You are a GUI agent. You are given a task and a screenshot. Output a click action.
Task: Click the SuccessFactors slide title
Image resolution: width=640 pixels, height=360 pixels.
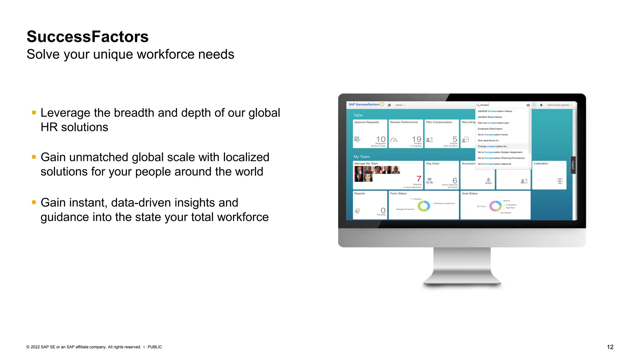[x=87, y=37]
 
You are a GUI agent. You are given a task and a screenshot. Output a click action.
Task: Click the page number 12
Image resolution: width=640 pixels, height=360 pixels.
[x=610, y=347]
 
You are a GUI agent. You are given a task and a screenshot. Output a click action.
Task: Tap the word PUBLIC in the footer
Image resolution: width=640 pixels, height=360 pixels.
[x=155, y=347]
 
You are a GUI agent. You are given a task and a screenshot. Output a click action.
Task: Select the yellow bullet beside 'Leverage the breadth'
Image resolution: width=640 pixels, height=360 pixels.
[x=34, y=112]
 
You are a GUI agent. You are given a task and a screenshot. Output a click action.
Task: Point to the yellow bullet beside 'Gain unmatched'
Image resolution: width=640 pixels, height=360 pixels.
[x=34, y=157]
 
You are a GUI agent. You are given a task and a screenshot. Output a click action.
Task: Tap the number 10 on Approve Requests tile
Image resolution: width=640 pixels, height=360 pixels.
[x=381, y=139]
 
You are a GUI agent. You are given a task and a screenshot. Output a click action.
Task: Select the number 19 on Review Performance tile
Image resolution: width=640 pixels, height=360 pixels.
[x=417, y=139]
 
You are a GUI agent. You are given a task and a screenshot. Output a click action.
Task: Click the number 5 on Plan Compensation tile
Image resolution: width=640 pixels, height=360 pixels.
[x=455, y=139]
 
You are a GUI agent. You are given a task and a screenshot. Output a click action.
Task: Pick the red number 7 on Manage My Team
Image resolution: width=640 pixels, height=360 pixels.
[x=419, y=178]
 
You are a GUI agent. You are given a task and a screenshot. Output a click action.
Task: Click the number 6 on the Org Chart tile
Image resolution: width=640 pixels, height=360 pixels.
[x=455, y=180]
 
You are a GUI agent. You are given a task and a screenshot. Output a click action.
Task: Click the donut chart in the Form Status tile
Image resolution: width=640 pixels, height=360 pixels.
[x=424, y=206]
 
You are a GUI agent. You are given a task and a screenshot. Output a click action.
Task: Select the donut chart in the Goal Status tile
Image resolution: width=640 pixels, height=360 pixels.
[x=495, y=206]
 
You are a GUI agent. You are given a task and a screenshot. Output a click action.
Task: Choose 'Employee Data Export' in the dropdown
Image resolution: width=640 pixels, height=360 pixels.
[x=490, y=129]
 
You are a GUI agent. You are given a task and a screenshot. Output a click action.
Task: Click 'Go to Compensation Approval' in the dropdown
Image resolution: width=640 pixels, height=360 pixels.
[x=494, y=164]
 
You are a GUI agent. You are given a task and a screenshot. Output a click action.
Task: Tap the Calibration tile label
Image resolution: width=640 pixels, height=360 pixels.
[x=540, y=163]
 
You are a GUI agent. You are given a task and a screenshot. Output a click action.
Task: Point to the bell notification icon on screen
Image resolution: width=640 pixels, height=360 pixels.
[x=541, y=105]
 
